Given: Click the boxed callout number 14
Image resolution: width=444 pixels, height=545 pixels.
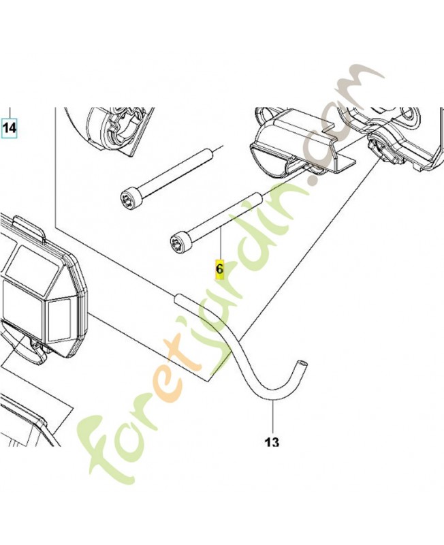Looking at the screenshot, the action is [10, 128].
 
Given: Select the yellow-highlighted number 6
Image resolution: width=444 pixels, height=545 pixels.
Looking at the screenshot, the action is [220, 269].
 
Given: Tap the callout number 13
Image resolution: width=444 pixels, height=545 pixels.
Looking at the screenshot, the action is [272, 442].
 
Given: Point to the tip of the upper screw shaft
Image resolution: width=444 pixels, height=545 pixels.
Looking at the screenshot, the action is [210, 151].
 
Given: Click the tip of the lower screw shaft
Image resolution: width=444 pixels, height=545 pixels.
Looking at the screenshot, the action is [259, 196].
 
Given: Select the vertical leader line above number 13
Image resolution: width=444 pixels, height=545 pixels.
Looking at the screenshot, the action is [272, 418].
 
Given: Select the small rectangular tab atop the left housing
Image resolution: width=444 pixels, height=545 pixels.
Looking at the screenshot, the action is [29, 228].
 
